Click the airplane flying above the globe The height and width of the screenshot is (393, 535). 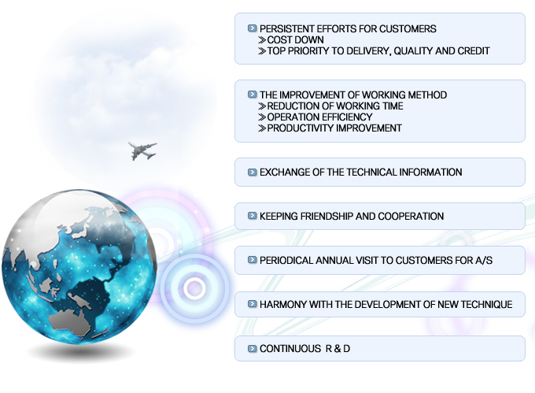[x=142, y=150]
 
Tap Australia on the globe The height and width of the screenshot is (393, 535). [x=69, y=321]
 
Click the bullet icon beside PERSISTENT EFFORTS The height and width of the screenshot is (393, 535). [x=252, y=28]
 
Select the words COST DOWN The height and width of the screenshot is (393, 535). [x=296, y=40]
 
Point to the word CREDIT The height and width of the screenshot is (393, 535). [x=474, y=51]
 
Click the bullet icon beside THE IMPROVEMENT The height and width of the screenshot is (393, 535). [x=252, y=95]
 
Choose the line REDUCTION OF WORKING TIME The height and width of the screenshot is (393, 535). [x=335, y=106]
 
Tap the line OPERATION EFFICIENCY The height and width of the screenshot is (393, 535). [x=319, y=117]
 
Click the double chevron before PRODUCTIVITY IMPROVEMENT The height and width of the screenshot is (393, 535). [x=262, y=128]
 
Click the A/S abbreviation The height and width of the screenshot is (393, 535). [x=484, y=261]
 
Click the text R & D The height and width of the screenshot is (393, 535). [x=338, y=349]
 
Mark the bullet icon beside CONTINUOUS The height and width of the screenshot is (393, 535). [x=252, y=348]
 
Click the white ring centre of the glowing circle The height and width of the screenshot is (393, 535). [x=195, y=288]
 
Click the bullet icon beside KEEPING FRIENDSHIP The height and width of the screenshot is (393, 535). [x=252, y=216]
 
